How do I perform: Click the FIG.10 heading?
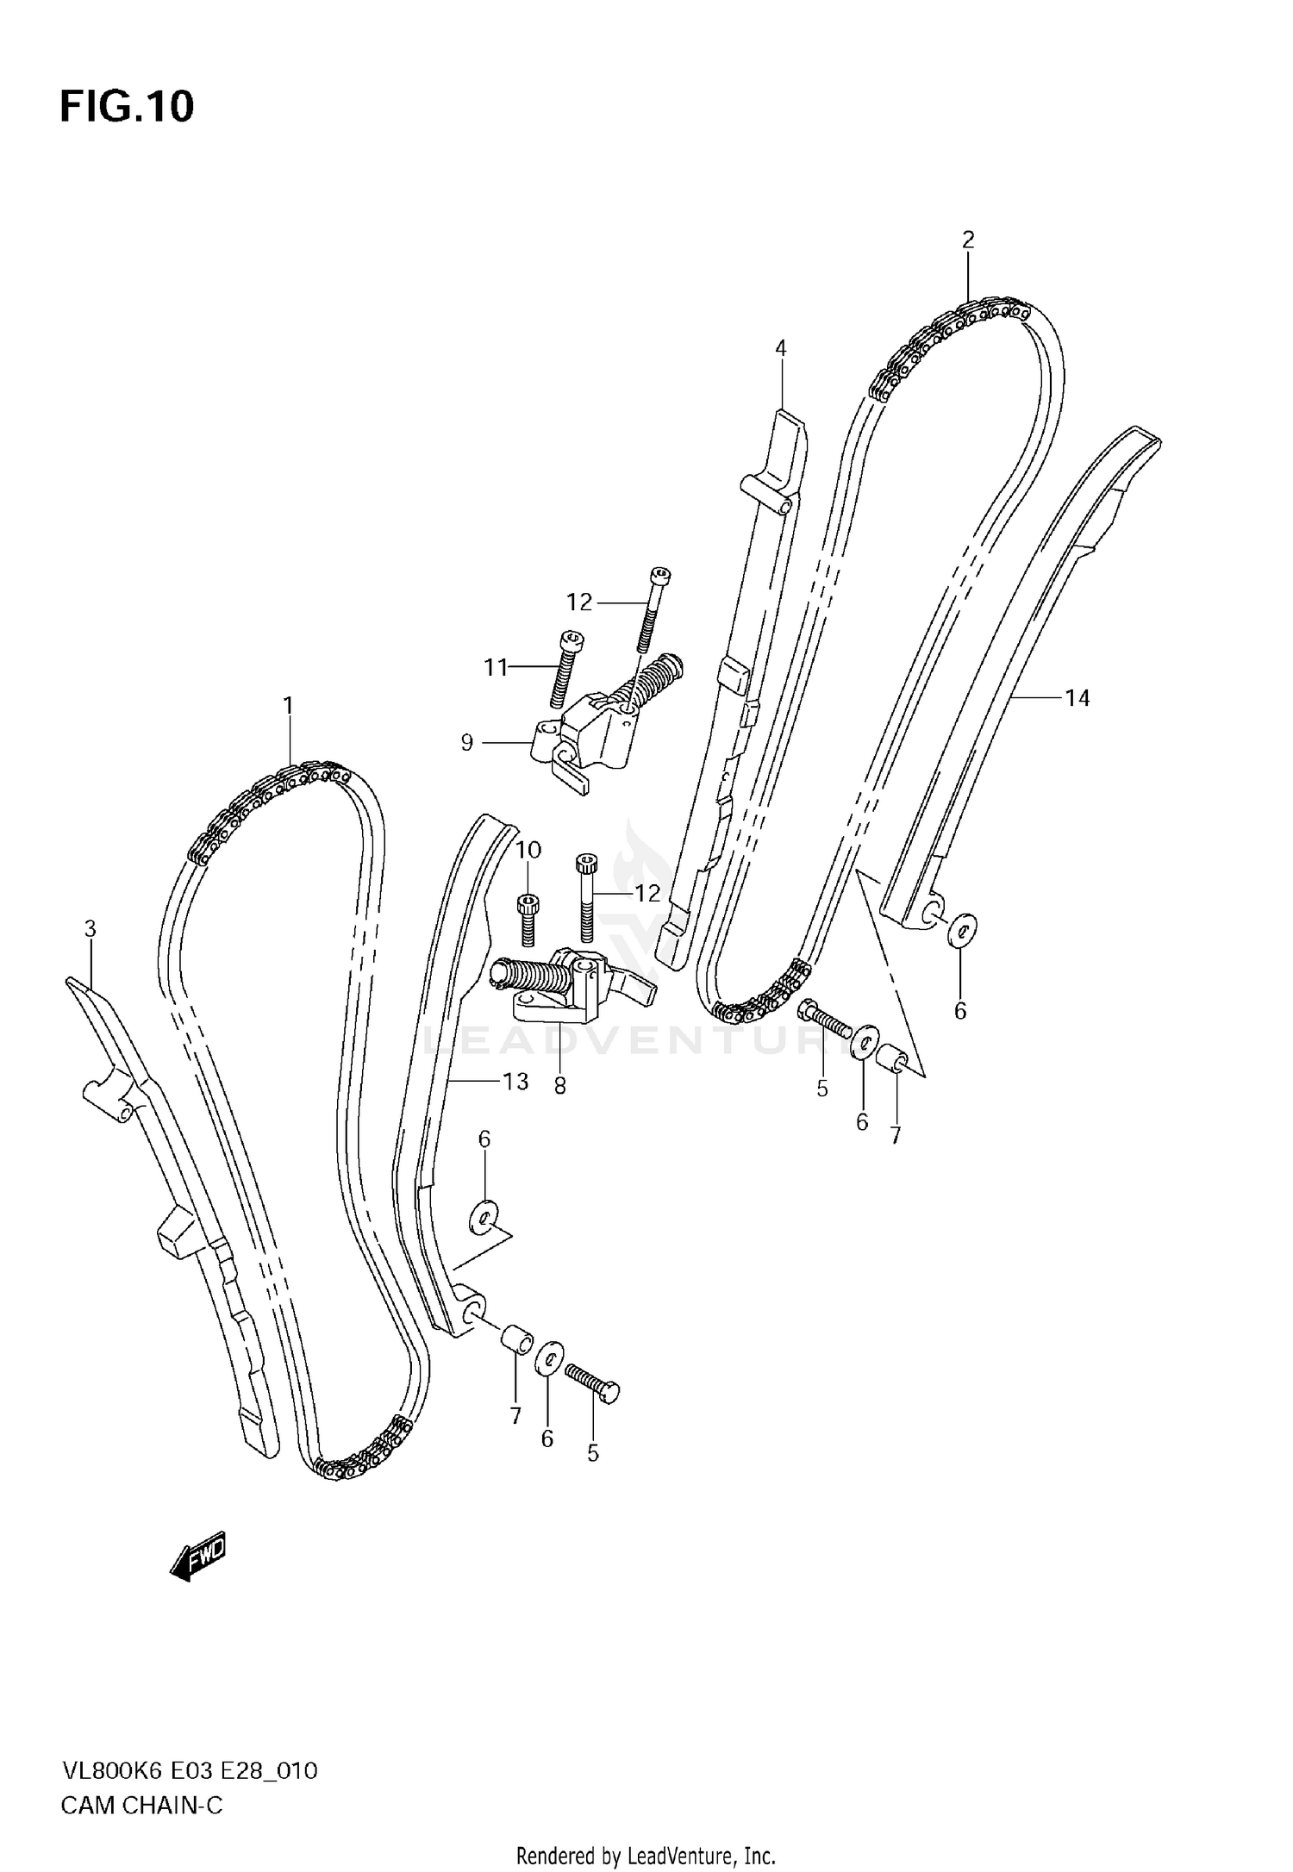pyautogui.click(x=127, y=107)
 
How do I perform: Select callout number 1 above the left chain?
pyautogui.click(x=289, y=706)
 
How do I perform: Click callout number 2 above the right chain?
pyautogui.click(x=968, y=240)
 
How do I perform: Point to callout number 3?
pyautogui.click(x=90, y=929)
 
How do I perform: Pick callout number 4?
pyautogui.click(x=780, y=348)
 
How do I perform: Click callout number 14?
pyautogui.click(x=1077, y=698)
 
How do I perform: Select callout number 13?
pyautogui.click(x=515, y=1081)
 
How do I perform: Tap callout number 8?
pyautogui.click(x=560, y=1087)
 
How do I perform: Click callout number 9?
pyautogui.click(x=467, y=742)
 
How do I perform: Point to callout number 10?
pyautogui.click(x=528, y=851)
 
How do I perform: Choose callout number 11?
pyautogui.click(x=496, y=667)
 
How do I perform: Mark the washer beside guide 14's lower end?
pyautogui.click(x=962, y=929)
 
